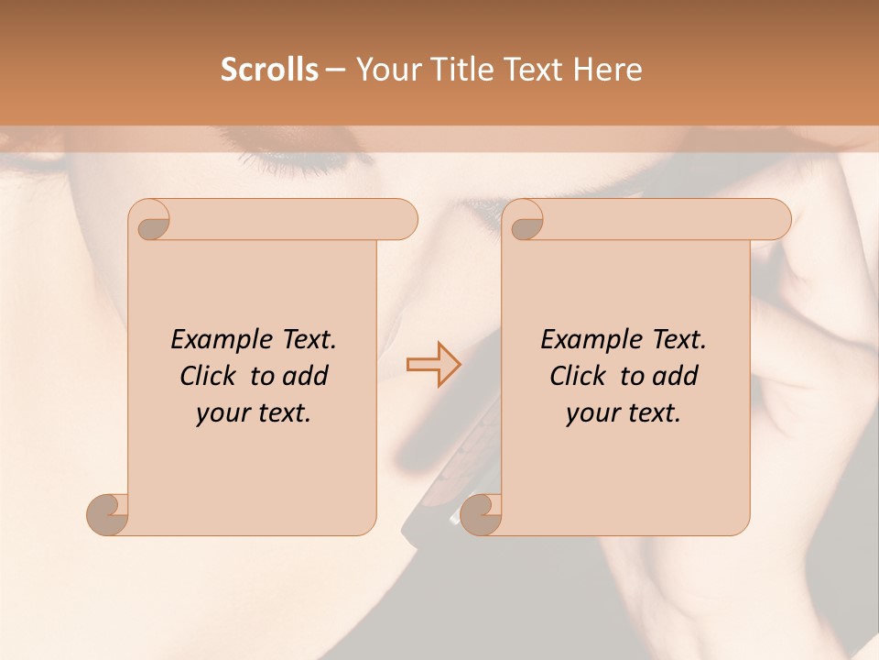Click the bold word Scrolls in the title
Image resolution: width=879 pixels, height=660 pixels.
click(x=269, y=70)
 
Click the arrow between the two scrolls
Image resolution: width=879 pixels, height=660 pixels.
click(x=434, y=364)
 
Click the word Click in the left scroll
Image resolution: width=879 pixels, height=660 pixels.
click(x=210, y=377)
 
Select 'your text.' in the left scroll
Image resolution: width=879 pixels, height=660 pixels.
click(x=254, y=413)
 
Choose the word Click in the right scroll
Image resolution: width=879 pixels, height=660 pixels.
click(x=580, y=377)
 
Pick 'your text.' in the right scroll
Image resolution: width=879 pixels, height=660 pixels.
click(x=624, y=413)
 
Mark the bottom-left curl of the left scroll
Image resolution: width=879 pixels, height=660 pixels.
click(x=109, y=514)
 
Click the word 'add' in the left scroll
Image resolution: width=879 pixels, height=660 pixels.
click(x=305, y=377)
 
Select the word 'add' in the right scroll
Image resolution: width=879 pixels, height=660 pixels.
click(x=675, y=377)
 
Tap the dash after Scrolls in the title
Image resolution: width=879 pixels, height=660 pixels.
click(x=335, y=71)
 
